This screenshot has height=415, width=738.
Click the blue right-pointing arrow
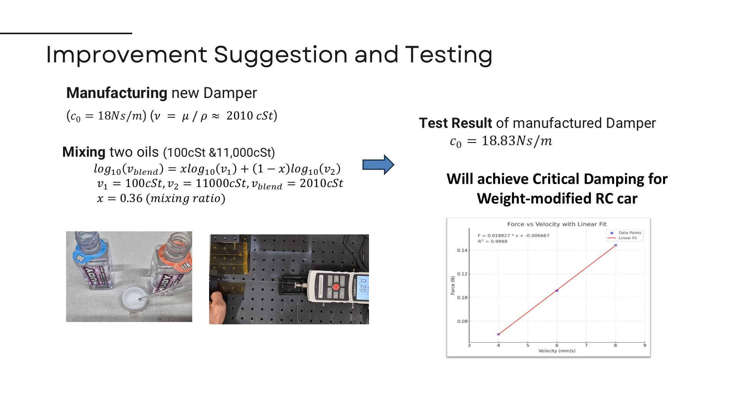click(x=378, y=165)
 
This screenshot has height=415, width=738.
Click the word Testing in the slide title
click(x=449, y=55)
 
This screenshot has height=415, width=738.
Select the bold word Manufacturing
click(x=117, y=93)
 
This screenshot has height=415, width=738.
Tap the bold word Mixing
click(x=84, y=152)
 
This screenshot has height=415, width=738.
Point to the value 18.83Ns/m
click(x=517, y=141)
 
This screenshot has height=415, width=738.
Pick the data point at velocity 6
click(x=557, y=290)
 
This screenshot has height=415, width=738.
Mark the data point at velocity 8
click(x=615, y=245)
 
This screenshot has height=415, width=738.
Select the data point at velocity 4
click(x=499, y=334)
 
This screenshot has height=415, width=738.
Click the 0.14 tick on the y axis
click(x=462, y=250)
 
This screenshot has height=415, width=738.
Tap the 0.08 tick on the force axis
click(x=462, y=321)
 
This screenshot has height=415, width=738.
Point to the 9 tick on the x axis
click(x=645, y=345)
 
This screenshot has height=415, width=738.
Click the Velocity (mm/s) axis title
click(x=557, y=351)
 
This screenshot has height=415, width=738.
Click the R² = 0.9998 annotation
click(x=492, y=241)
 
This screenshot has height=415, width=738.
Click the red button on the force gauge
click(x=336, y=287)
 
